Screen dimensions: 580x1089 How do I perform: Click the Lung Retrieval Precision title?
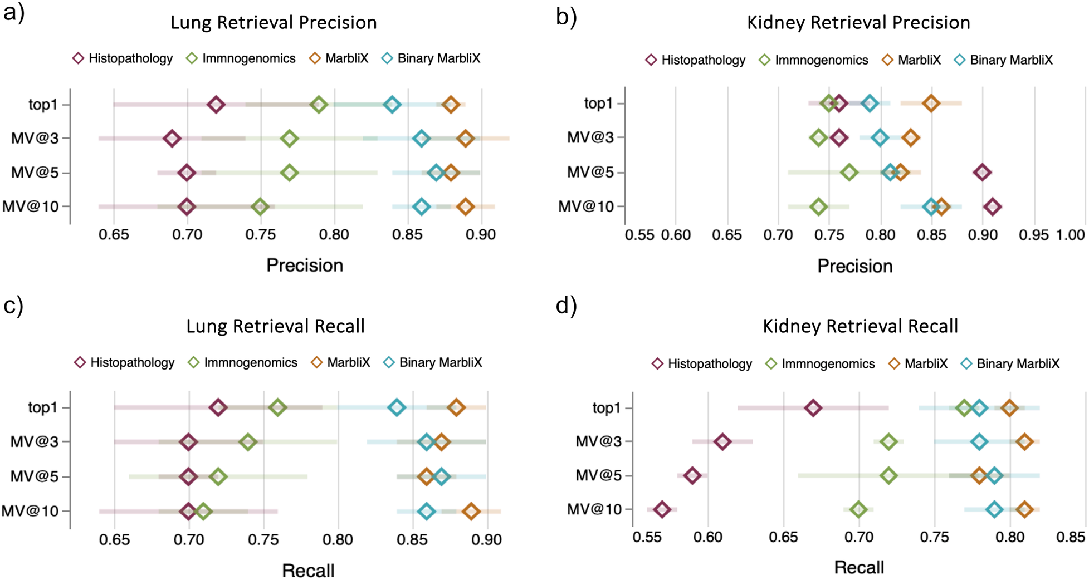click(274, 23)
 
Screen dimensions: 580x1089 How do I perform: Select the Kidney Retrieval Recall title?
click(860, 326)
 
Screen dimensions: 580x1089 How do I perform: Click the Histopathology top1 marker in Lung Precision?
click(216, 105)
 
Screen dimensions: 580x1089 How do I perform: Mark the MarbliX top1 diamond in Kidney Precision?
click(931, 104)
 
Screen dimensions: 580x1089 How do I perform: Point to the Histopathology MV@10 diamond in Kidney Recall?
click(662, 509)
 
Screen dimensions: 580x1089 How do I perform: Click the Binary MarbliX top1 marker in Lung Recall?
click(397, 408)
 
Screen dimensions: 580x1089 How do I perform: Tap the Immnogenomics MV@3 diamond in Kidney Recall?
click(889, 442)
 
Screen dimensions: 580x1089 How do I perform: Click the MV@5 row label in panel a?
click(35, 173)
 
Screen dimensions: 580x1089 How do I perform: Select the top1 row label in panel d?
click(606, 408)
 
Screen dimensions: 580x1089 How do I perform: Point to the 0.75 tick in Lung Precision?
click(260, 235)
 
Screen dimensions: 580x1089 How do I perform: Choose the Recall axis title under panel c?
click(308, 571)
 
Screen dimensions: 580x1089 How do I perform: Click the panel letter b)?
click(567, 17)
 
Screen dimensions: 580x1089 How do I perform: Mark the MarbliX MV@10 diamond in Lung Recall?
click(471, 512)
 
